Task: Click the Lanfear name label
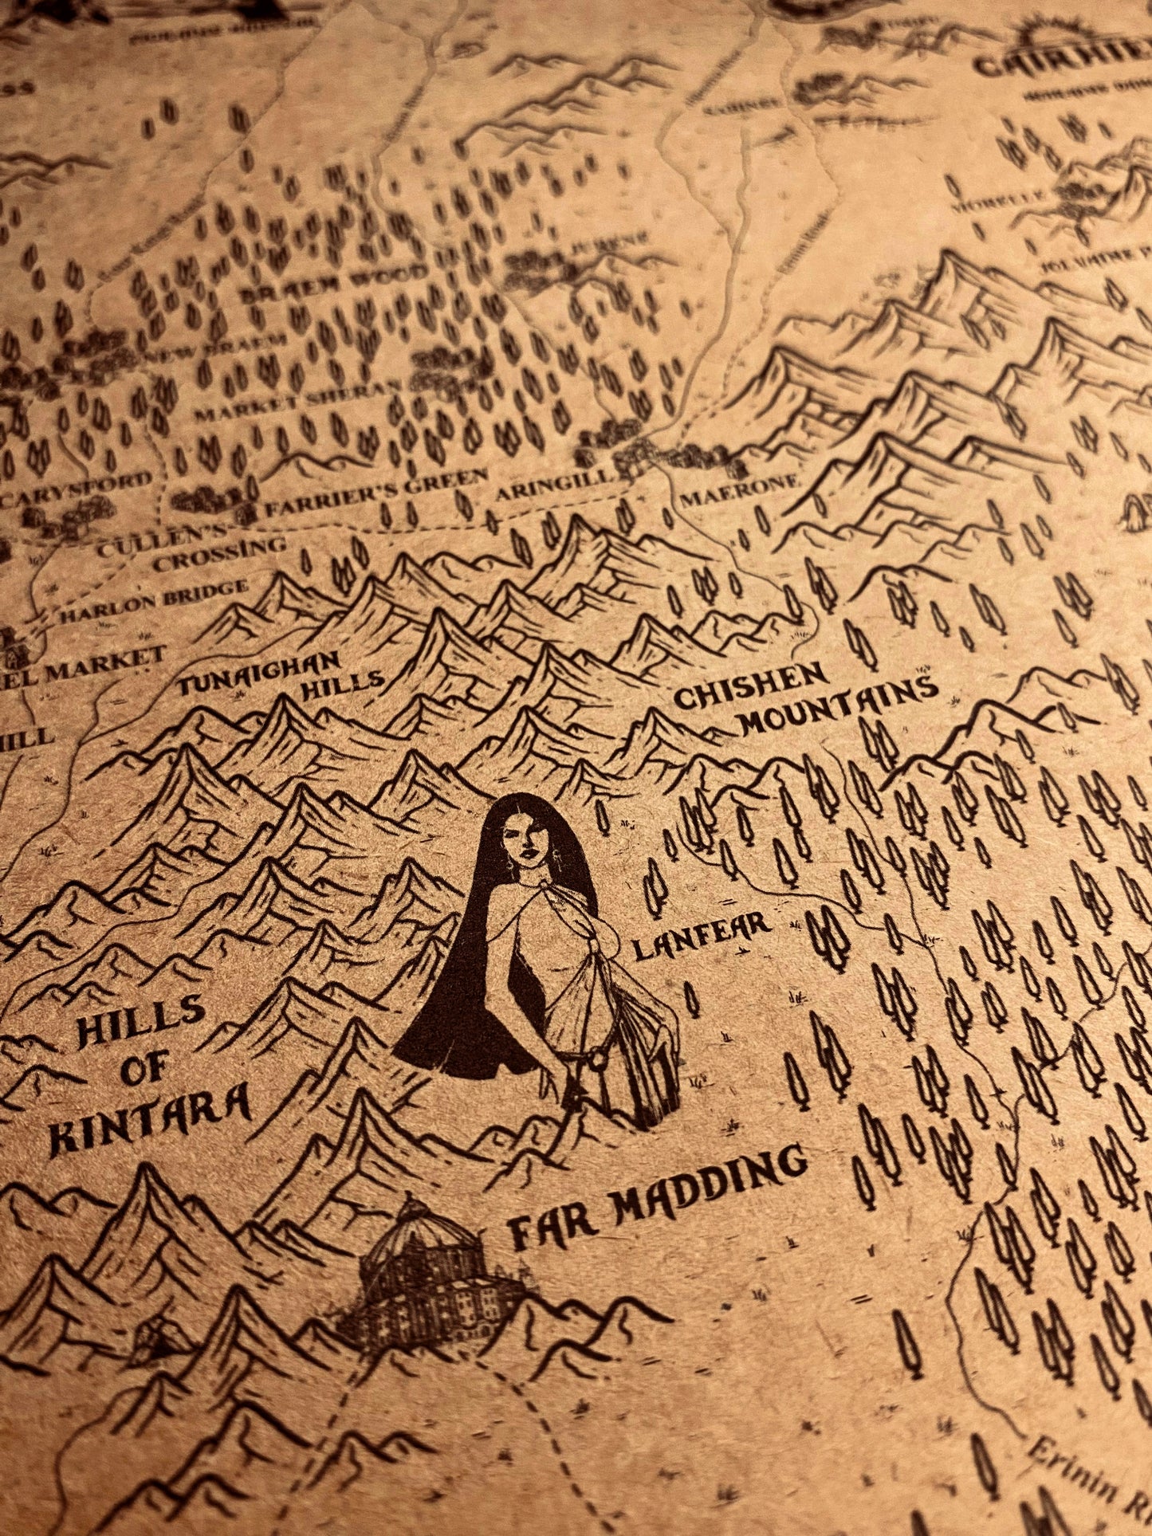[x=701, y=937]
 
